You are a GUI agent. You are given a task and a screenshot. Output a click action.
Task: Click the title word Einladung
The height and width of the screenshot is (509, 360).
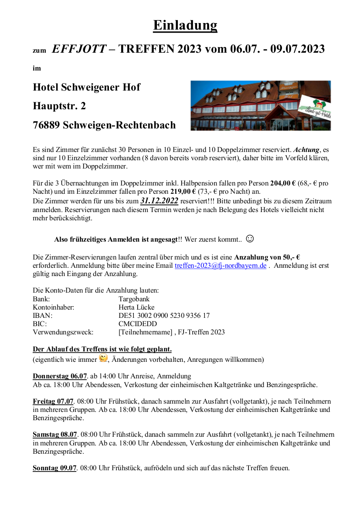(185, 25)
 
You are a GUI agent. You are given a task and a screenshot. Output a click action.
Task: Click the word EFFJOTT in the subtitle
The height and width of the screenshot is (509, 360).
(79, 49)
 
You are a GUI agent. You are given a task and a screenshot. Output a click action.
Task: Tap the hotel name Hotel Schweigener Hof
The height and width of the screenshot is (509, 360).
(86, 87)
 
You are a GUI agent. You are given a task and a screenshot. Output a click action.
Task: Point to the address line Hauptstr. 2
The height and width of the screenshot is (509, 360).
(59, 106)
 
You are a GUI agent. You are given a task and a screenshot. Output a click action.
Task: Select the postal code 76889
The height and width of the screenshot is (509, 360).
(46, 125)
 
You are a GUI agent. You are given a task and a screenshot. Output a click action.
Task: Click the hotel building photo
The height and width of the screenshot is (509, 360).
(260, 105)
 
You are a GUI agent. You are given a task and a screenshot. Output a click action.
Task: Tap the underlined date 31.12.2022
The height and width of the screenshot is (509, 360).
(159, 201)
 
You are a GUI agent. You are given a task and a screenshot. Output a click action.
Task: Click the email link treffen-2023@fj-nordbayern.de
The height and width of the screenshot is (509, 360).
(220, 266)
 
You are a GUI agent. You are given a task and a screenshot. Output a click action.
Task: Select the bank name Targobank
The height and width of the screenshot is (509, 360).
(134, 299)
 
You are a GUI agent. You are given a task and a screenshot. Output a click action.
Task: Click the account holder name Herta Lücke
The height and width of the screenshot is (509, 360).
(136, 307)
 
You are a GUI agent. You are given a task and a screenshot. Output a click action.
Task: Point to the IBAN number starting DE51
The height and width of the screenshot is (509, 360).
(164, 316)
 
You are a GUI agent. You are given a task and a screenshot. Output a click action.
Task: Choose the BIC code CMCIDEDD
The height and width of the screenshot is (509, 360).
(138, 324)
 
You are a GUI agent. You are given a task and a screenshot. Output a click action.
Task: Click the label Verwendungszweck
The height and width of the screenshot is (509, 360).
(63, 332)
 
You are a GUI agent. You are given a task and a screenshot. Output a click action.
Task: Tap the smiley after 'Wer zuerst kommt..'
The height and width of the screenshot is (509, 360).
(250, 239)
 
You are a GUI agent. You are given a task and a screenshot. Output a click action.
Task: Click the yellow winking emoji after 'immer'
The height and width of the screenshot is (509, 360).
(103, 358)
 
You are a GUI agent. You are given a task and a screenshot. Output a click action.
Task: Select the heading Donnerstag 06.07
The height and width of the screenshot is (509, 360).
(60, 376)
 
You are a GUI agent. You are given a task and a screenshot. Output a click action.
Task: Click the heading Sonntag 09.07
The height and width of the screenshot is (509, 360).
(54, 469)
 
